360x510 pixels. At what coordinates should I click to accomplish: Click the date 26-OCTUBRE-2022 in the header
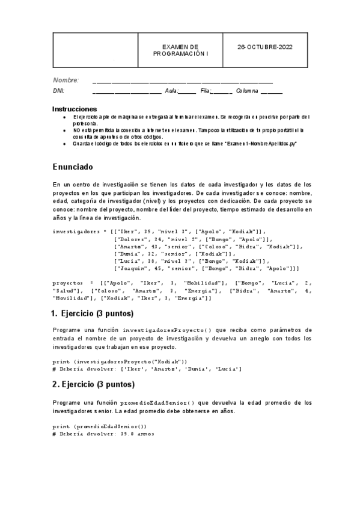264,46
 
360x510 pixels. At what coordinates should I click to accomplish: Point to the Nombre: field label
66,80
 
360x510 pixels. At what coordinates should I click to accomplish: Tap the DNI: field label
59,91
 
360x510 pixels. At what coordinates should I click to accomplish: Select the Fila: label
206,91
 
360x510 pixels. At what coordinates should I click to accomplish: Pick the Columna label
247,91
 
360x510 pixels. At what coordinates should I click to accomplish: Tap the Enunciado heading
72,166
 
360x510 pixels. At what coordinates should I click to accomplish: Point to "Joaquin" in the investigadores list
132,268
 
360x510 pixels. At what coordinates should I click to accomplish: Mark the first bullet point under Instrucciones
64,117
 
